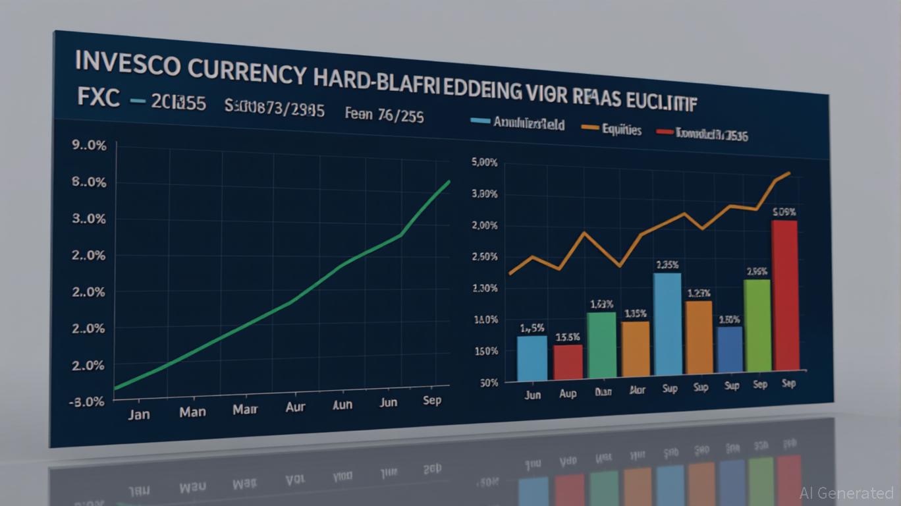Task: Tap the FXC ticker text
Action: click(99, 99)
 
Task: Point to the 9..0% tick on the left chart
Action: click(88, 146)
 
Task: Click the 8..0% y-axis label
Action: click(88, 182)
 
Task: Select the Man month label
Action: click(192, 412)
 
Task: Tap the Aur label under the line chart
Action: click(295, 407)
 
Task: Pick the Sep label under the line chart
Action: click(432, 400)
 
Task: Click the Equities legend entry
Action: click(621, 130)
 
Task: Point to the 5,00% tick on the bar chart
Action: click(485, 163)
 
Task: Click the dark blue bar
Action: click(729, 349)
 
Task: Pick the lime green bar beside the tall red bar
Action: click(757, 325)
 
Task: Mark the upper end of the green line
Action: click(450, 181)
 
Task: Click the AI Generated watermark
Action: click(846, 493)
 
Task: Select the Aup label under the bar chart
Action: click(567, 393)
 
